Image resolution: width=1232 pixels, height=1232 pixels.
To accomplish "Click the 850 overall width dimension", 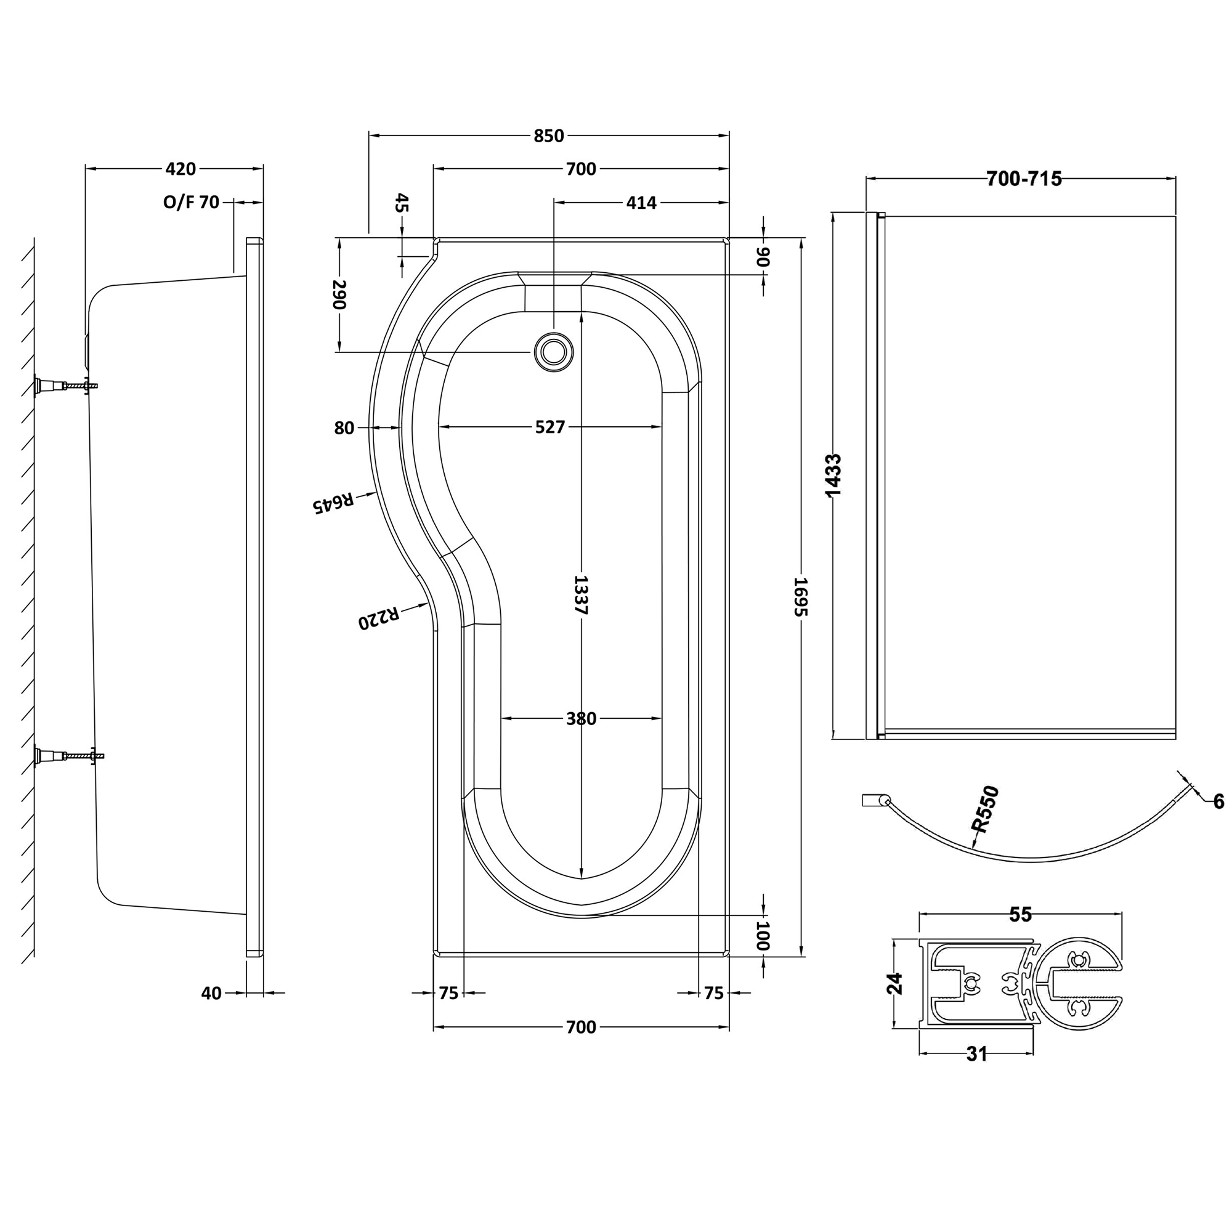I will (548, 136).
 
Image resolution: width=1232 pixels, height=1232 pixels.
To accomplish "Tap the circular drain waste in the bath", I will (553, 351).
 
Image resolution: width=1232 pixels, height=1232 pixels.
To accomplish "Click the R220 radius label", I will (379, 617).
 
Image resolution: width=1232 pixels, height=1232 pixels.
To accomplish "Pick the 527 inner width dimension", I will (549, 427).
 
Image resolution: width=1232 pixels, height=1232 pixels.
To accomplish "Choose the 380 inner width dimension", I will (581, 719).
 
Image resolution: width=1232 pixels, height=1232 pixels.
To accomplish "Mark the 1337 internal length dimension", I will (580, 594).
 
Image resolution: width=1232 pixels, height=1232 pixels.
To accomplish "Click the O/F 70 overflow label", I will (191, 203).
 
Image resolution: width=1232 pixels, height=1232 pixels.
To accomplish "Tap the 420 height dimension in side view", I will (180, 169).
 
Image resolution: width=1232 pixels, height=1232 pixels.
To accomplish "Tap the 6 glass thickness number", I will (1218, 801).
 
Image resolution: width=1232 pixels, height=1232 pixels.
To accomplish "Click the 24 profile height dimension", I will (895, 983).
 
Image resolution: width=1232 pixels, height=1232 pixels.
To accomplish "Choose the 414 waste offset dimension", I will (641, 203).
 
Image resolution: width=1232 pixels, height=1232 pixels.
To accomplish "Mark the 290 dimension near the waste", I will (339, 294).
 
